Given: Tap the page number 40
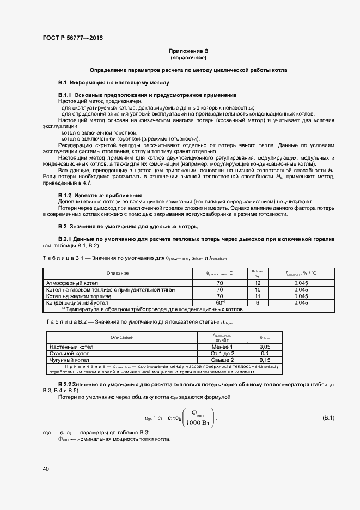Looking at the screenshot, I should pos(46,468).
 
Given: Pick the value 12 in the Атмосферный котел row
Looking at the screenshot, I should pos(258,283).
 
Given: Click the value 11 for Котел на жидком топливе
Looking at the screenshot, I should pos(258,295).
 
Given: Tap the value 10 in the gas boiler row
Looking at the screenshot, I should pos(258,289).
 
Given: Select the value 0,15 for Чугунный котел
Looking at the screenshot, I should pos(265,360).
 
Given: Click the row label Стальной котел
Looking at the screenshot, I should pos(69,353).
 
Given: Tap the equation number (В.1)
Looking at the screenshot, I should pos(328,418).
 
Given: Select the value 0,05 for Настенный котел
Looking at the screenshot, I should pos(265,347).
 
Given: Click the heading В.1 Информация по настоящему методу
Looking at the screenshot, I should pos(114,82).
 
